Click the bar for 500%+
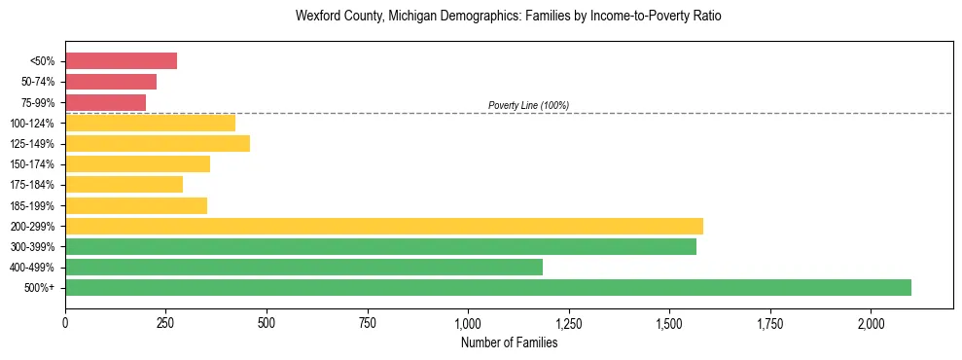(487, 287)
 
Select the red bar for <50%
(121, 61)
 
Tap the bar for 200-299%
(383, 226)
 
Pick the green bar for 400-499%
(303, 267)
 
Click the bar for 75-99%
(105, 102)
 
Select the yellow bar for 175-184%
(124, 185)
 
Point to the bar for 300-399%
(380, 246)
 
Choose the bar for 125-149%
(158, 144)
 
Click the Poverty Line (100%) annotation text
(528, 105)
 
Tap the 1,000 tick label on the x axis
(468, 322)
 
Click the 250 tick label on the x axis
(165, 322)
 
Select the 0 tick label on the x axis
(65, 322)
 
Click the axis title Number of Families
(509, 342)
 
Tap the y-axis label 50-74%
(38, 82)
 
